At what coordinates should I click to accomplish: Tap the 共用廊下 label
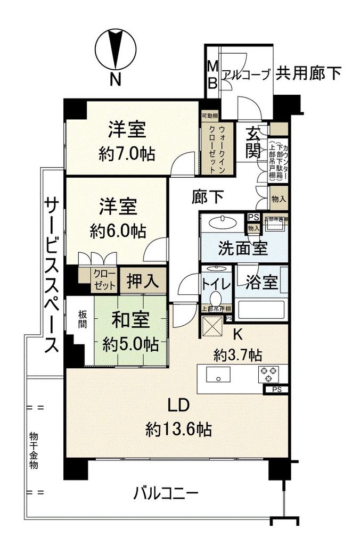[308, 73]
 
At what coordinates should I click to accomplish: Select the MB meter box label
[212, 75]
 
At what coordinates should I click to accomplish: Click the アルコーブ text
[246, 74]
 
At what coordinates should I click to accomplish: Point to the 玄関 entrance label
[252, 143]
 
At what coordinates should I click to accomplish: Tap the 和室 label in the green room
[130, 321]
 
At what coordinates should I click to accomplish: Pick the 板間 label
[78, 318]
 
